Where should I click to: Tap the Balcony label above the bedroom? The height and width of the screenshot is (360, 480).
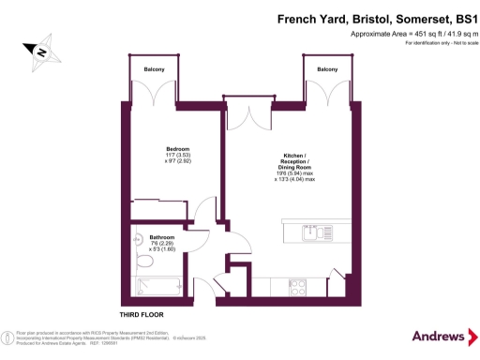pos(155,70)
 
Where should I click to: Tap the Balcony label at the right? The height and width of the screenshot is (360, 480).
pos(327,70)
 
